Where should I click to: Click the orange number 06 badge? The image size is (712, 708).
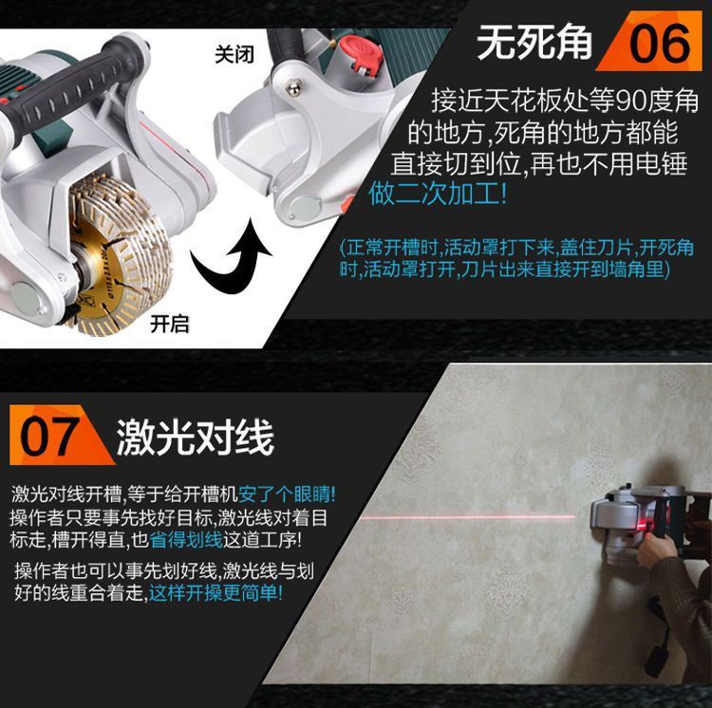[x=651, y=42]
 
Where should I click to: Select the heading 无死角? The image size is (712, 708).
[x=534, y=42]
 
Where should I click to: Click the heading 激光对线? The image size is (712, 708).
[x=196, y=437]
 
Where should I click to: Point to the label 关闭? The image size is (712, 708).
[x=234, y=55]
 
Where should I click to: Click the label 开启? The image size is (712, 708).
[x=170, y=324]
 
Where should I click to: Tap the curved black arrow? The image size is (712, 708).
[x=231, y=254]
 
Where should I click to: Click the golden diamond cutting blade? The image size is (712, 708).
[x=118, y=254]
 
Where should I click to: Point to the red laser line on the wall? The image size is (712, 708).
[x=468, y=516]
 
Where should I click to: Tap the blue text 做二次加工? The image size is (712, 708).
[x=438, y=194]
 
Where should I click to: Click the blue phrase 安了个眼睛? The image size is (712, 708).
[x=287, y=494]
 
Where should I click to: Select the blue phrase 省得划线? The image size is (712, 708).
[x=186, y=540]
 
